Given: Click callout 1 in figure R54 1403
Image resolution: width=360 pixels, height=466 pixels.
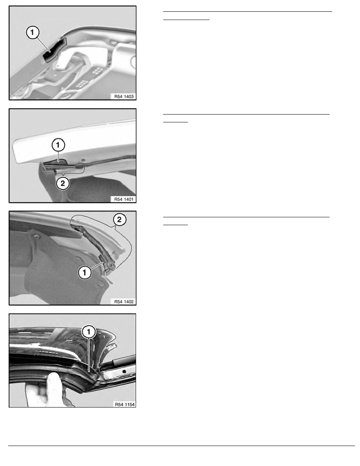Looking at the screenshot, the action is point(33,32).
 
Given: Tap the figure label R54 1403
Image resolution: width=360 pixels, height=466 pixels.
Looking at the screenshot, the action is point(124,96).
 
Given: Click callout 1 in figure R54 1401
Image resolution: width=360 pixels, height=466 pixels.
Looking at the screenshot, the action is point(58,145).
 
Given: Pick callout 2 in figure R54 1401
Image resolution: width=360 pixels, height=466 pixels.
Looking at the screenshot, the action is point(63,183).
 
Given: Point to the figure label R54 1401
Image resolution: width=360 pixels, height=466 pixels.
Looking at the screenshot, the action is point(124,199).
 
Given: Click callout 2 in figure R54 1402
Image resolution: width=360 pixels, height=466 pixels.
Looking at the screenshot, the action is point(119,220).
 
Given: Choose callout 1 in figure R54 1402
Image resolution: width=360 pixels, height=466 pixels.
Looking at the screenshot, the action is point(84,272).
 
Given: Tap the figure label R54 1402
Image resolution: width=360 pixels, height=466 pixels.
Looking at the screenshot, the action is point(124,302).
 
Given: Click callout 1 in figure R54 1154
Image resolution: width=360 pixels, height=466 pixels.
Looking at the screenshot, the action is point(89,332).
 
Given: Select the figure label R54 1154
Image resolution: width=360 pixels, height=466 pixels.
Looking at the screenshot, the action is point(125,404).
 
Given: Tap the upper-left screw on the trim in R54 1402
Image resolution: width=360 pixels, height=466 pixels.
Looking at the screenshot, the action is point(36,237).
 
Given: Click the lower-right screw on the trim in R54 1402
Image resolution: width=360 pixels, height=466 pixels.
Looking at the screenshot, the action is point(101,284).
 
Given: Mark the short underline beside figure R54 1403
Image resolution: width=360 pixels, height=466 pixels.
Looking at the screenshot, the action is point(186,20).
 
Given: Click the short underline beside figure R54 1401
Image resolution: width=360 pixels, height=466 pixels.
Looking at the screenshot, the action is point(176,122).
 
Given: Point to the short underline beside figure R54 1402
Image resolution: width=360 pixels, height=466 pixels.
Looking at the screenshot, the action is point(176,225).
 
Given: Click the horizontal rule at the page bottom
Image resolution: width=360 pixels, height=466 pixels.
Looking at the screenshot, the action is point(182,446).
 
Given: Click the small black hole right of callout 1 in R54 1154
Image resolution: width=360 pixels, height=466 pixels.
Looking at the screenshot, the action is point(124,371).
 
